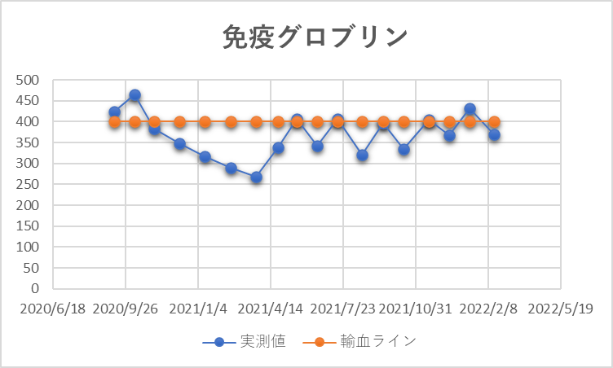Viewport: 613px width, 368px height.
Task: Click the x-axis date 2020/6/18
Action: coord(52,309)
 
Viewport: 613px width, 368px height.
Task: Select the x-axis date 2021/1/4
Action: coord(198,309)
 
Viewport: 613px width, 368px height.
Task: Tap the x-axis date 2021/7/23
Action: coord(342,309)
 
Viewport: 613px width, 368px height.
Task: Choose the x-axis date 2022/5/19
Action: coord(560,309)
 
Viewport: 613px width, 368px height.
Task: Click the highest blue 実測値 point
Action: coord(135,95)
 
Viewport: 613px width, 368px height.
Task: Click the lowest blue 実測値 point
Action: coord(256,177)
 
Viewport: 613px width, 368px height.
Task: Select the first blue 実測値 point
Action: coord(115,112)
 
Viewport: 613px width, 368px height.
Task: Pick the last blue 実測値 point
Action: coord(494,135)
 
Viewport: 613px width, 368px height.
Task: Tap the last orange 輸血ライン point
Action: coord(494,122)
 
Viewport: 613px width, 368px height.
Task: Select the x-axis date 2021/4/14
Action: coord(271,309)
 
